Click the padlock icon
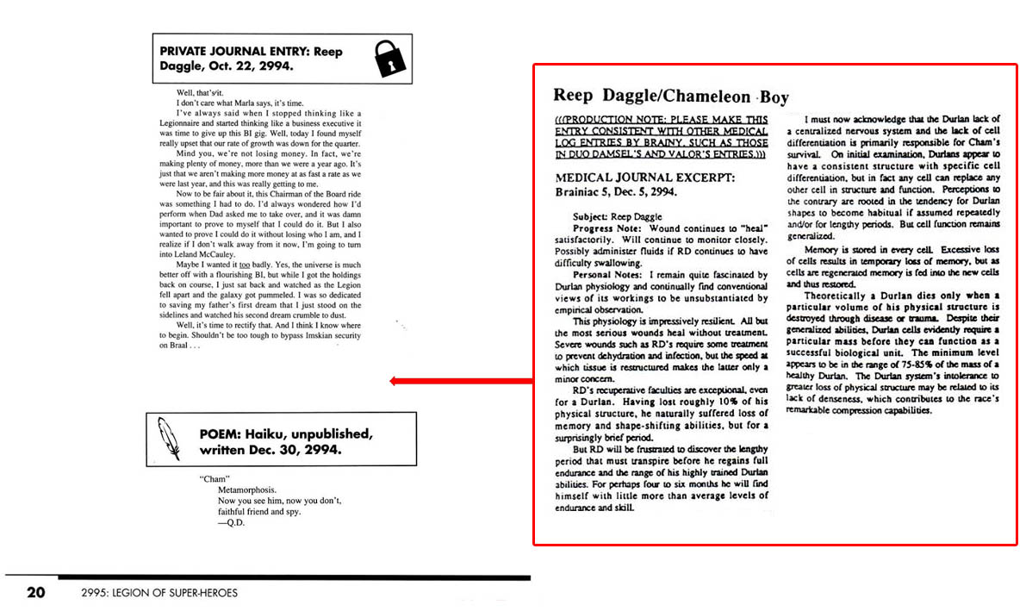pos(389,59)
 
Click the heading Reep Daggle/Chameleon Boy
pos(670,97)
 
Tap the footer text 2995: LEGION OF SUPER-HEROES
pos(158,593)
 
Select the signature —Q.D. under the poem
pos(230,523)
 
